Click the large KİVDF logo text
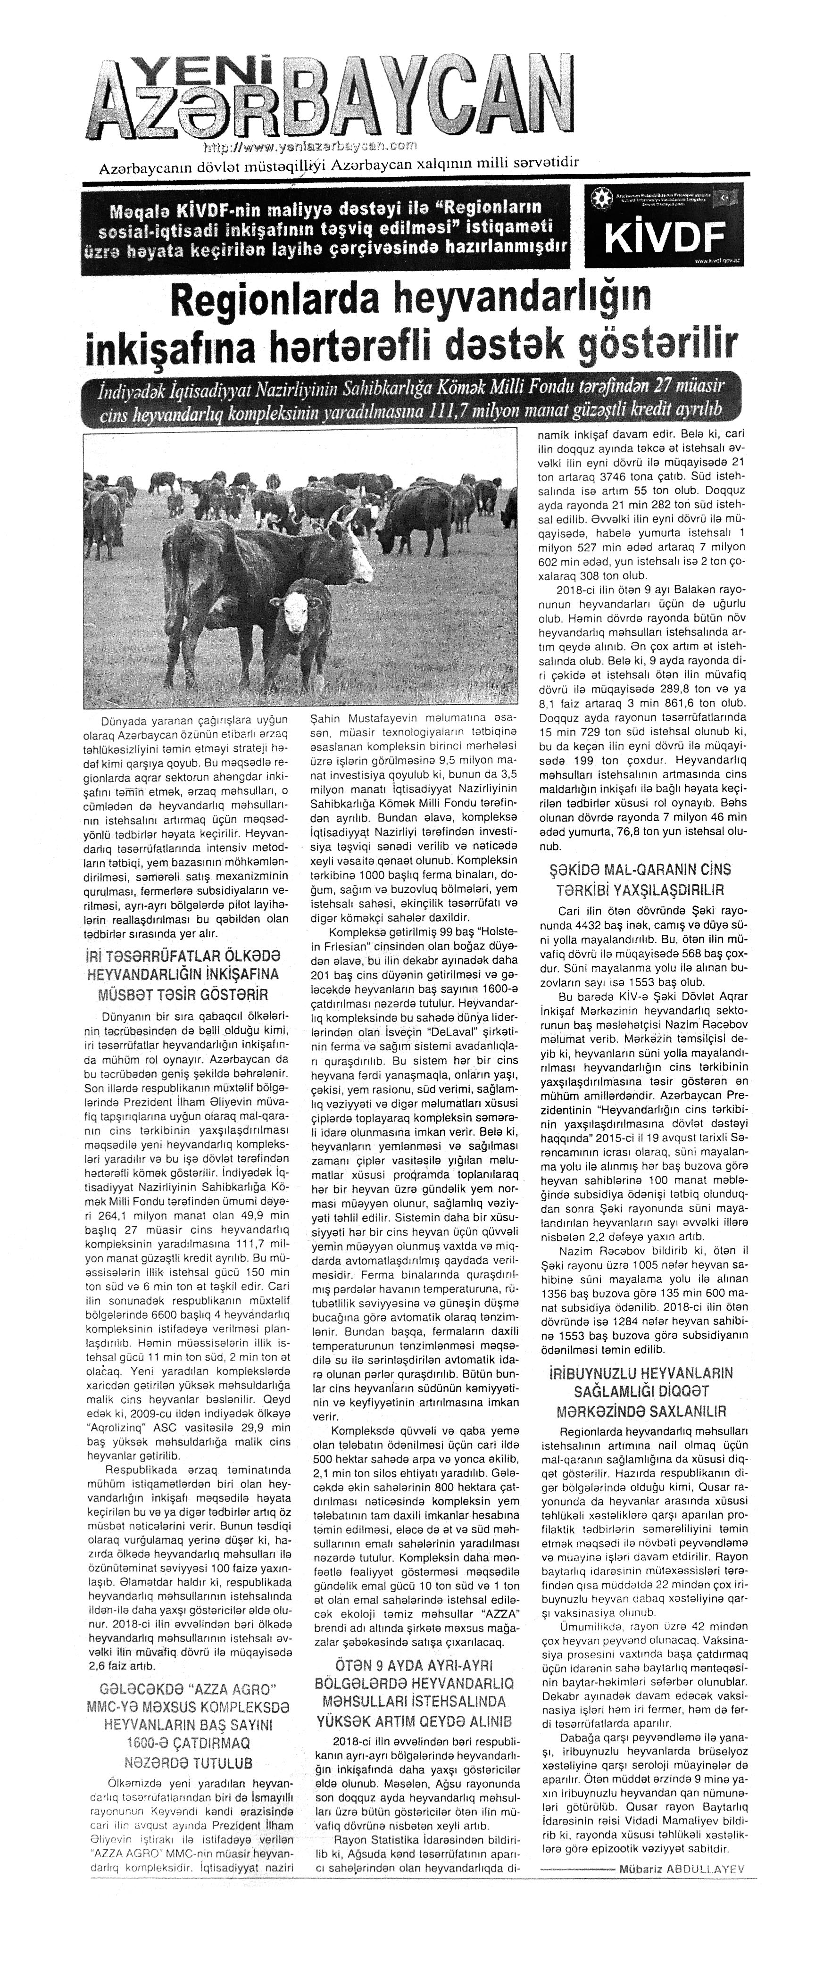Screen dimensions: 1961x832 (662, 238)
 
